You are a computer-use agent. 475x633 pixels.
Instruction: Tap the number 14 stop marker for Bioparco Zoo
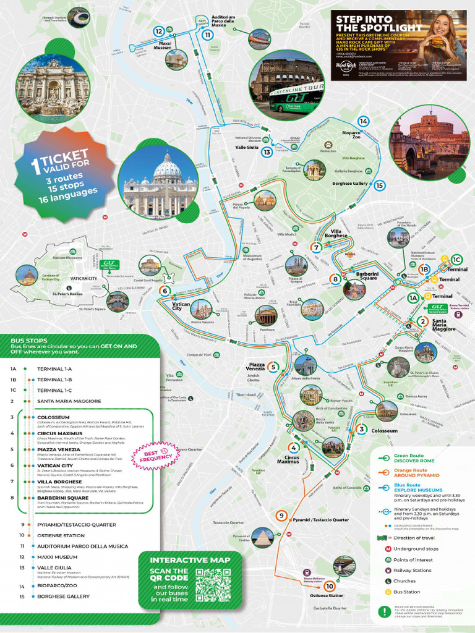pos(363,122)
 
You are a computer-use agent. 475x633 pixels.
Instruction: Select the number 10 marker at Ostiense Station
pos(329,586)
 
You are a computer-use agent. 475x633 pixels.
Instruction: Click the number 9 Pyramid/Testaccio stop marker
pos(282,515)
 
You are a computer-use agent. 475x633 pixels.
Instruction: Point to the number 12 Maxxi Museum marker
pos(159,31)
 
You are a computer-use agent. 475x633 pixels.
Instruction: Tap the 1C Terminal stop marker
pos(456,260)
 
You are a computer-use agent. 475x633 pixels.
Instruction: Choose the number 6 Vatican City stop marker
pos(165,291)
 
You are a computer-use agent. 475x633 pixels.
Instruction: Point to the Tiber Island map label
pos(246,394)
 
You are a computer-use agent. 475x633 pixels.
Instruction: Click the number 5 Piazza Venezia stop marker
pos(273,367)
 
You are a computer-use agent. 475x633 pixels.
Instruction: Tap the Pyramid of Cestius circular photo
pos(263,537)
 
